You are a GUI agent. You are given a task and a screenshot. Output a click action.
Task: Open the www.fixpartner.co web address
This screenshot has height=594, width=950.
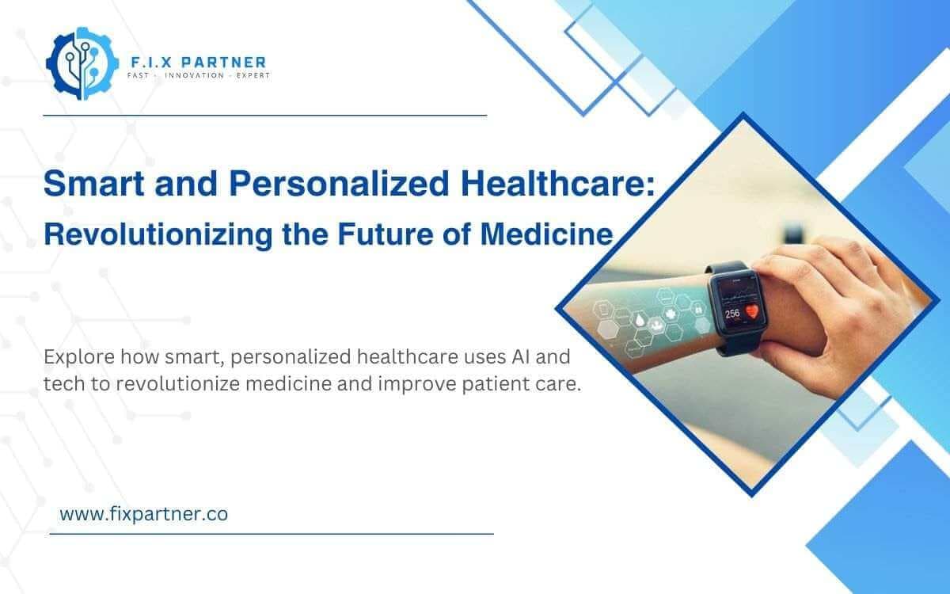coord(144,513)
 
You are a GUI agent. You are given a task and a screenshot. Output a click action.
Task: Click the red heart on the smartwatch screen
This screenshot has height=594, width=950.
coord(751,311)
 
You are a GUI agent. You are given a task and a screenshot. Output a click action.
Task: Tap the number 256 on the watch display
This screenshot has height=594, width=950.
coord(732,314)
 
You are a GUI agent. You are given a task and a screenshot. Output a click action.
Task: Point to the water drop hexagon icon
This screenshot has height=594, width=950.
coord(640,320)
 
